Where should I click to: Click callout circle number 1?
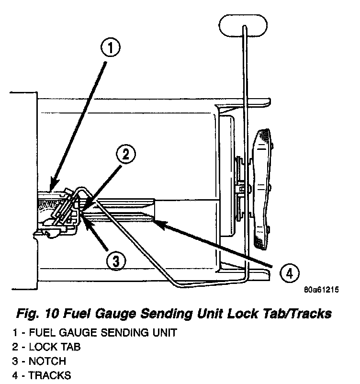point(110,48)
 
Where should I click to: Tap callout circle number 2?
point(126,155)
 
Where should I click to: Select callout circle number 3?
point(116,261)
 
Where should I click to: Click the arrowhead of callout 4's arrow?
point(157,221)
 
